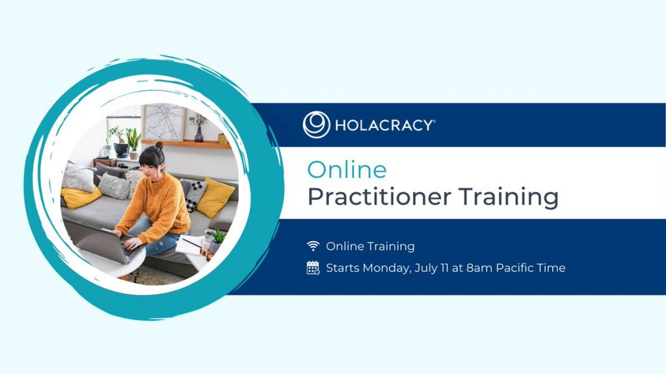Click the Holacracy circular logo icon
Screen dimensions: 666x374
pyautogui.click(x=316, y=125)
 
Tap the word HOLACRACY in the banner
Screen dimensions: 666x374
pyautogui.click(x=384, y=125)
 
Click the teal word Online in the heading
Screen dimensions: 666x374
pyautogui.click(x=347, y=169)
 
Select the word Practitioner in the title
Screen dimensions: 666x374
pyautogui.click(x=379, y=197)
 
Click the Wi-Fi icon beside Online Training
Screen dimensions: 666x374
pyautogui.click(x=313, y=245)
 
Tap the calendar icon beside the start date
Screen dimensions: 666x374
pyautogui.click(x=313, y=268)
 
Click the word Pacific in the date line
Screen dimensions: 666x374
pyautogui.click(x=508, y=268)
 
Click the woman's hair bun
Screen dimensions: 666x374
pyautogui.click(x=159, y=145)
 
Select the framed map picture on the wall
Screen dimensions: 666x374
pyautogui.click(x=163, y=122)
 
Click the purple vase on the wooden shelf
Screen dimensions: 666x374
pyautogui.click(x=198, y=134)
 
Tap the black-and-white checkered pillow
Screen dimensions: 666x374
pyautogui.click(x=193, y=195)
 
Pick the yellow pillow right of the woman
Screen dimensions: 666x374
pyautogui.click(x=215, y=198)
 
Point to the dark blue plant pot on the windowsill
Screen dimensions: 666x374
pyautogui.click(x=122, y=150)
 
